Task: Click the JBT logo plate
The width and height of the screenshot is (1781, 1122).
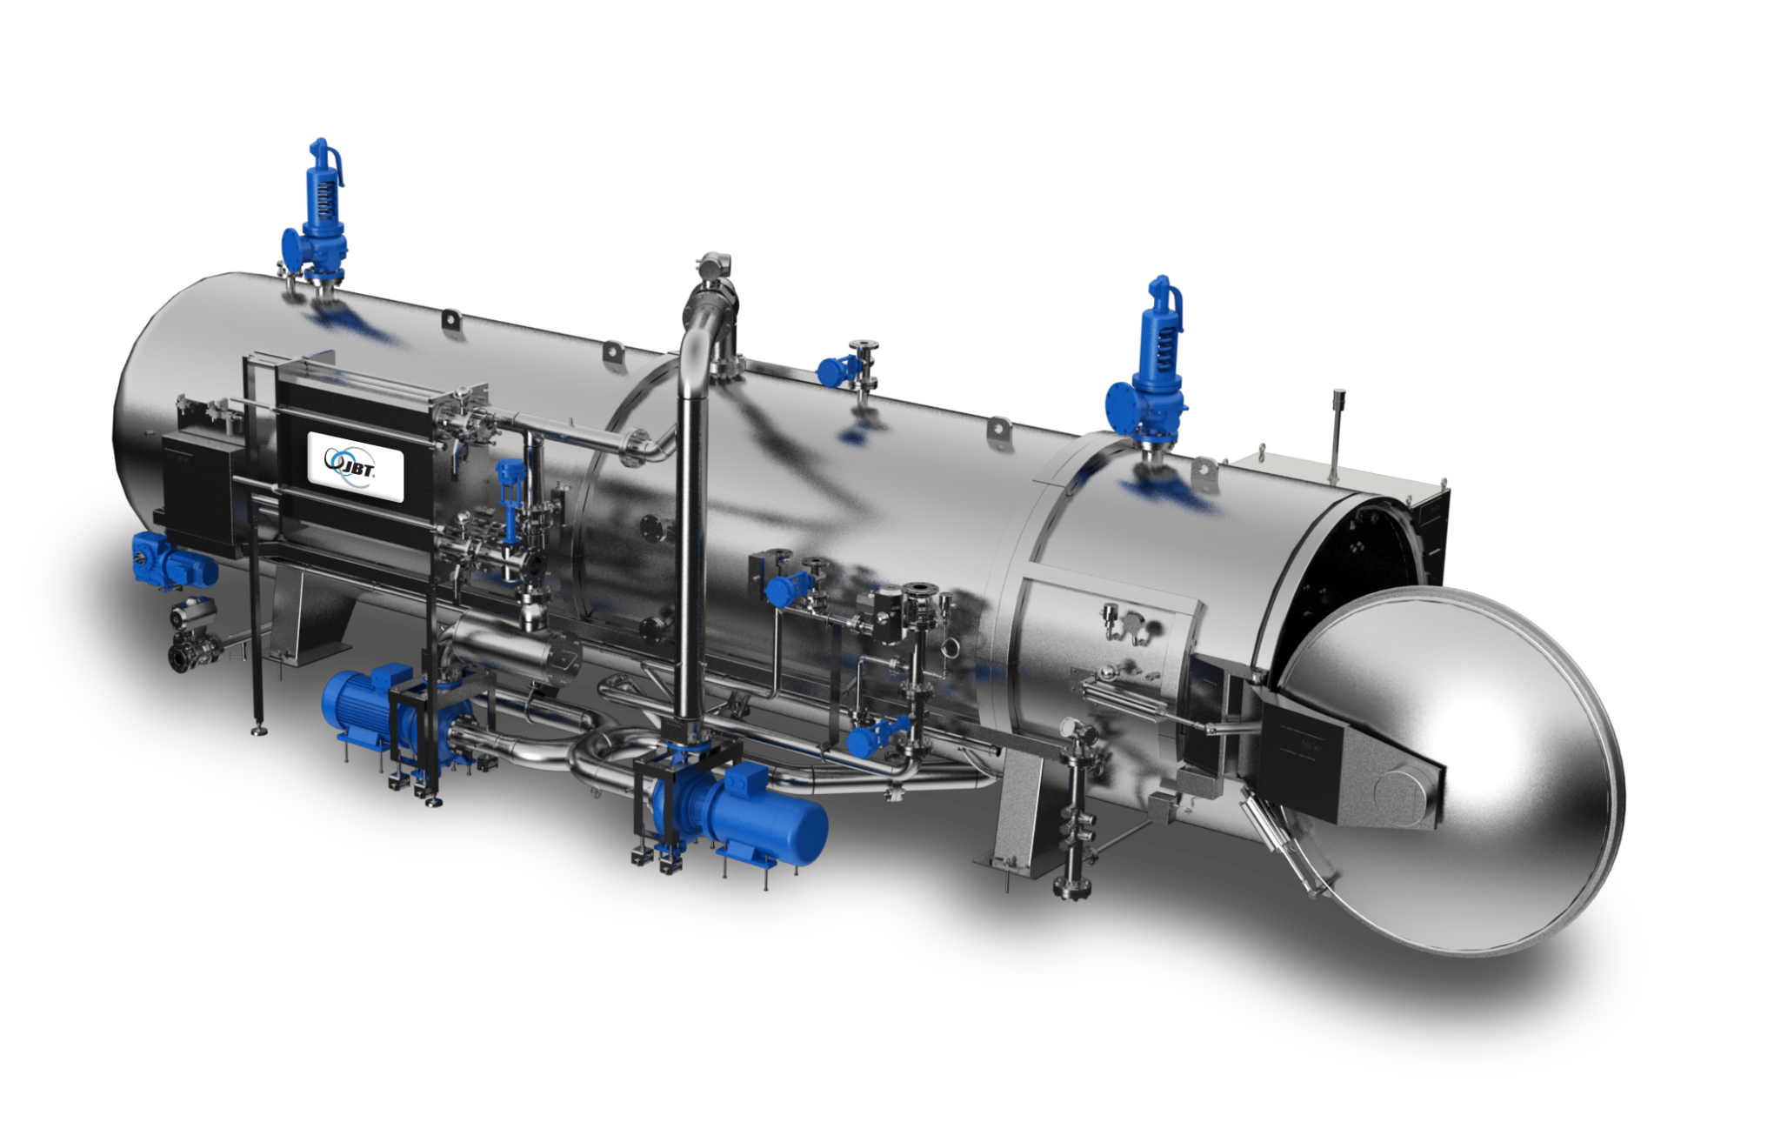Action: [356, 466]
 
